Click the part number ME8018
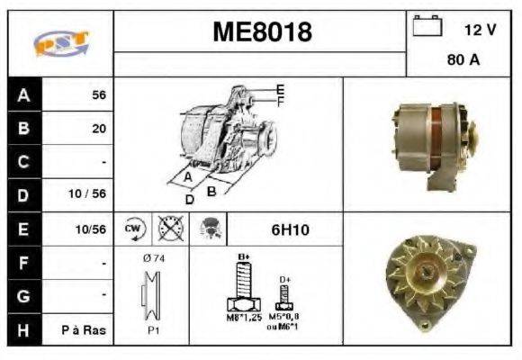tap(262, 32)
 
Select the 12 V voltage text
tap(480, 30)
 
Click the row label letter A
tap(24, 94)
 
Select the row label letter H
tap(24, 330)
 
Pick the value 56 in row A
tap(98, 94)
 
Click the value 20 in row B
tap(98, 129)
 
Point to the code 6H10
tap(290, 230)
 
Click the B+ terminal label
tap(243, 257)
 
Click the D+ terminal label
tap(285, 280)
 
